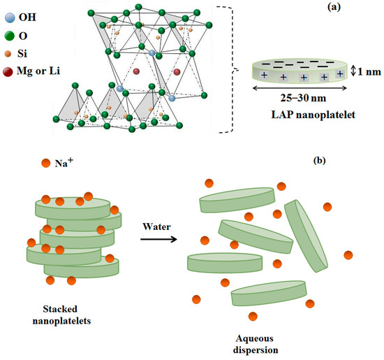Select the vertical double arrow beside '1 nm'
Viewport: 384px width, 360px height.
(353, 71)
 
